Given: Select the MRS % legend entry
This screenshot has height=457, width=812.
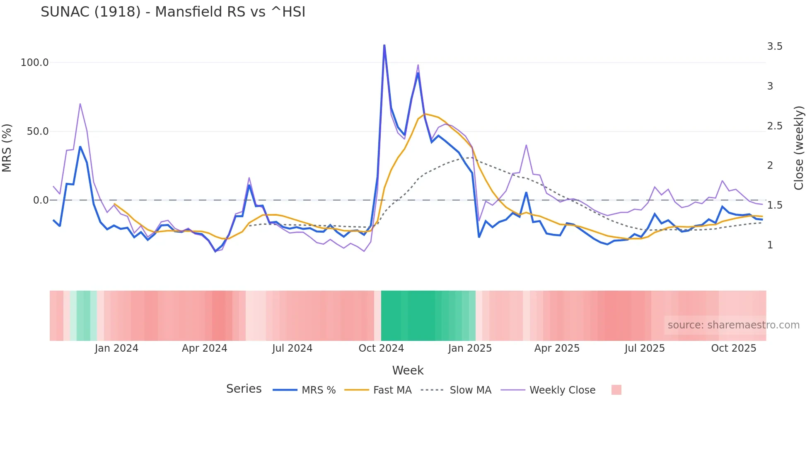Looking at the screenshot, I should (x=318, y=390).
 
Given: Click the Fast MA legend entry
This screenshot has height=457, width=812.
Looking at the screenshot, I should (x=392, y=390).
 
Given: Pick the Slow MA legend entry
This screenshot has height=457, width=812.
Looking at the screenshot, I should (x=470, y=390).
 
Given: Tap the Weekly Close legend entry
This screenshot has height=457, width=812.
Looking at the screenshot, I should (x=562, y=390).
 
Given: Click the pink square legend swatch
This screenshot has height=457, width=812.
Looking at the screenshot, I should (x=616, y=390).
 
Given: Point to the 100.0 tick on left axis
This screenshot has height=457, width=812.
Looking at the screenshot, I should (x=34, y=63).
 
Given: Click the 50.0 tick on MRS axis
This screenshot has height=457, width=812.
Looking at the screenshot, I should (x=37, y=131).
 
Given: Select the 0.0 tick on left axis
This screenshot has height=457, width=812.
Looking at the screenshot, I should (x=41, y=200).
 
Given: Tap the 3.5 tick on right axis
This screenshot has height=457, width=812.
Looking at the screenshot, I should (x=774, y=46).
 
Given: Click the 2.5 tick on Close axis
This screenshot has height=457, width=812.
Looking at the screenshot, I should (x=774, y=126).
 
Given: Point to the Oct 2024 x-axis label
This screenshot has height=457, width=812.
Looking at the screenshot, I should (x=381, y=348).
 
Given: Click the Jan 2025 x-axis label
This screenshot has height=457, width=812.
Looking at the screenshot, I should (x=470, y=348).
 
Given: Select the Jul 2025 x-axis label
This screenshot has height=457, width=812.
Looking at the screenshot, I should (x=645, y=348).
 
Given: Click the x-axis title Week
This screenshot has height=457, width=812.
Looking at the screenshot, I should (x=408, y=370).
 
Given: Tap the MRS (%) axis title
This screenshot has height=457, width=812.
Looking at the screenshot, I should (x=7, y=148).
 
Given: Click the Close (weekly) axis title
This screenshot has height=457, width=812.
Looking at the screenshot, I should (x=799, y=148).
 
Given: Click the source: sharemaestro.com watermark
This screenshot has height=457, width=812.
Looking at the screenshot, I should (x=733, y=325).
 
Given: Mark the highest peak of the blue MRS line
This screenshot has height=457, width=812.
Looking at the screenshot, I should (x=384, y=45).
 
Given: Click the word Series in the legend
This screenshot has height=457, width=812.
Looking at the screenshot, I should (x=244, y=389).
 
